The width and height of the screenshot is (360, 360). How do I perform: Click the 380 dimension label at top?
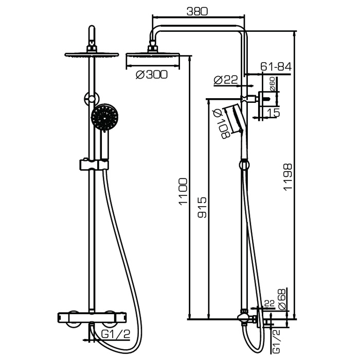(x=197, y=11)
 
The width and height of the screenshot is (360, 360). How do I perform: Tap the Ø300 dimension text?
(x=152, y=75)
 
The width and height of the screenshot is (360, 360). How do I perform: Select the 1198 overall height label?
(x=287, y=177)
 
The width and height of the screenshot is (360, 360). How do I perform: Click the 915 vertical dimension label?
(x=202, y=207)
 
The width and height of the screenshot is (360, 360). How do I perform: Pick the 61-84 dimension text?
(x=276, y=67)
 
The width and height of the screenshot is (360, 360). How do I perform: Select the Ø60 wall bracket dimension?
(x=272, y=84)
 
